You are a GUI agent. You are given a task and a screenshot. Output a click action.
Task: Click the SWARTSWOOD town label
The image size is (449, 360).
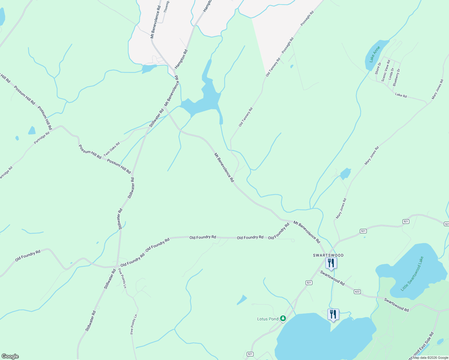click(x=328, y=255)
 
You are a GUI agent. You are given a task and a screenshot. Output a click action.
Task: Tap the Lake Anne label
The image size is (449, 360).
click(x=375, y=54)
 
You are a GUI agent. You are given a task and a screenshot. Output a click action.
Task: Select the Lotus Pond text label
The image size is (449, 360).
click(x=268, y=319)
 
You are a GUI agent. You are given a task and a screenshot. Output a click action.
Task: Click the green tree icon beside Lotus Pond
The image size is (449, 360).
click(x=283, y=318)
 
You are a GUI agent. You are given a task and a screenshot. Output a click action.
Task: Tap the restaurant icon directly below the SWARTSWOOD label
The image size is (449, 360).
click(x=331, y=263)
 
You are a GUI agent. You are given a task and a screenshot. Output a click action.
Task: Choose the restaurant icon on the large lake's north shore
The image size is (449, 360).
click(x=333, y=314)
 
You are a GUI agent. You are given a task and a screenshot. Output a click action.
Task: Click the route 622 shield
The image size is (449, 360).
click(x=357, y=292)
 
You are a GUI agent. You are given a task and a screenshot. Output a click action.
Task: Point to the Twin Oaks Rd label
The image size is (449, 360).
click(x=112, y=149)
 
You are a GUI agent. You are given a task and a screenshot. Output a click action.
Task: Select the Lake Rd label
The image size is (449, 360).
click(x=401, y=95)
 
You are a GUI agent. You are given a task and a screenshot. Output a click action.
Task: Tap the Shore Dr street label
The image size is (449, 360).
click(x=378, y=68)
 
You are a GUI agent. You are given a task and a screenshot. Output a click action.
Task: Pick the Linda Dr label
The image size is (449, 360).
click(x=391, y=73)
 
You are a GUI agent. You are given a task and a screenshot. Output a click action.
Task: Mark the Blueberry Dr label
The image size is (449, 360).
click(x=396, y=77)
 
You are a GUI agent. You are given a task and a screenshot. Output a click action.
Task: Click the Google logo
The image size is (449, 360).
click(x=10, y=356)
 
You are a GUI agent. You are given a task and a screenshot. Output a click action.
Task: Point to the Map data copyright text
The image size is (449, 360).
click(x=430, y=358)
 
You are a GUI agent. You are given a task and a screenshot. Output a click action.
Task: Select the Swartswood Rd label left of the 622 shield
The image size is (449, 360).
click(x=332, y=277)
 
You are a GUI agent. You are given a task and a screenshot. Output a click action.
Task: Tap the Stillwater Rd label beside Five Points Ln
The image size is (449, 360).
click(x=110, y=279)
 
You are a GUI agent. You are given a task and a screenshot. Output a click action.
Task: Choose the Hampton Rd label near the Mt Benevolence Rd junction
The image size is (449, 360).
click(x=181, y=58)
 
